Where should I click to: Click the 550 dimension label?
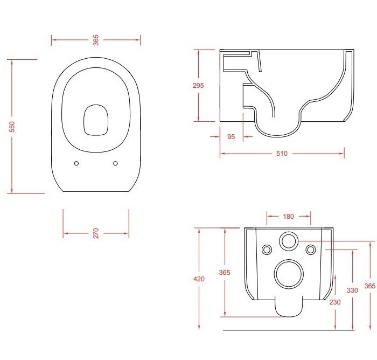point(12,128)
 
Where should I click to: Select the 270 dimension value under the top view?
point(96,233)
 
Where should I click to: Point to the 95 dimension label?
point(231,137)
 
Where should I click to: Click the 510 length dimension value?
point(282,154)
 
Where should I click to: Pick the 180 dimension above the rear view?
point(288,217)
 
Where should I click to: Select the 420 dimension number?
point(199,279)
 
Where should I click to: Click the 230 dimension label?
point(334,302)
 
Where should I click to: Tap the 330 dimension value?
point(352,290)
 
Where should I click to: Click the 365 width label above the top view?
point(96,39)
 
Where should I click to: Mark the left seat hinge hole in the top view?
point(76,163)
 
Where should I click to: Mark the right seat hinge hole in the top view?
point(116,163)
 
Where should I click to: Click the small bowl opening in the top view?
point(96,119)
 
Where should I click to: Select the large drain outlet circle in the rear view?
point(288,273)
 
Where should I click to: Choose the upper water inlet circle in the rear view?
point(288,241)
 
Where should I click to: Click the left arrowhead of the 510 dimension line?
point(221,154)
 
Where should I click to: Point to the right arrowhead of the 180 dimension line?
point(309,217)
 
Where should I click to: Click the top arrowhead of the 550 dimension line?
point(12,61)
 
